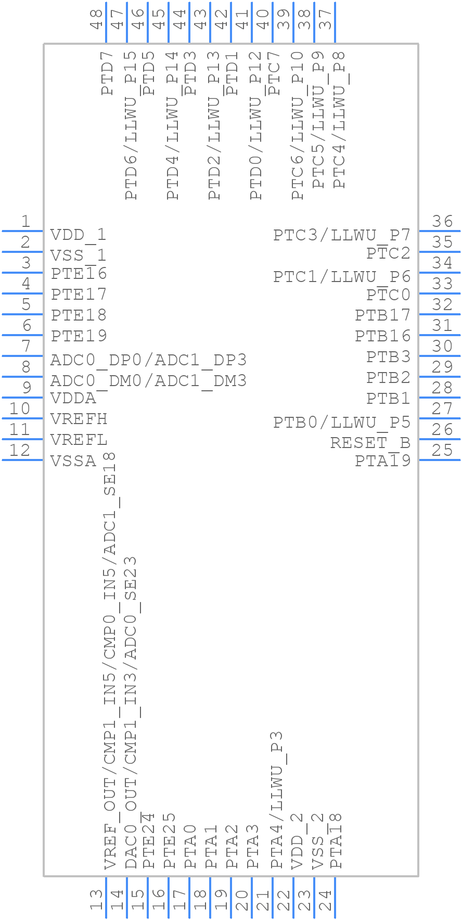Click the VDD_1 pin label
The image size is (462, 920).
[x=78, y=235]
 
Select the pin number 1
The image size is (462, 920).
[x=25, y=222]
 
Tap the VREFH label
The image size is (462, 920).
[x=79, y=419]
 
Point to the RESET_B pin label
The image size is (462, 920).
[x=370, y=443]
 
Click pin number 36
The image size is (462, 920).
[x=442, y=222]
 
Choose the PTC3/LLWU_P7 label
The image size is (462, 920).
[x=342, y=235]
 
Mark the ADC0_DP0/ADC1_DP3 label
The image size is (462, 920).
[x=148, y=360]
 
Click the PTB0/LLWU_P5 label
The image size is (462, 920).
[x=342, y=422]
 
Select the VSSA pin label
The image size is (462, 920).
[x=73, y=461]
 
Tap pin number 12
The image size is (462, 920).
[x=20, y=450]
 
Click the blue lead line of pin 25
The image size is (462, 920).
[x=440, y=459]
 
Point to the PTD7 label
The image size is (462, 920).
[x=108, y=73]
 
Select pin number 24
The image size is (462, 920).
[x=325, y=900]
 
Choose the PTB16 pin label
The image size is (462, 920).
[x=383, y=336]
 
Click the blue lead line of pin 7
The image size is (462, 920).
[x=22, y=355]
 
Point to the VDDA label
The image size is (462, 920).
[x=73, y=399]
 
